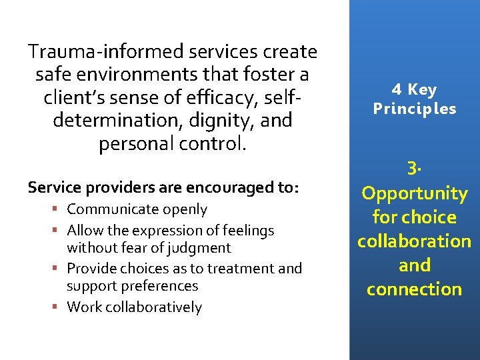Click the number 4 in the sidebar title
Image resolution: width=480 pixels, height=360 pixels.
[x=397, y=90]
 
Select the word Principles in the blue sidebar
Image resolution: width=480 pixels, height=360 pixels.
[x=415, y=109]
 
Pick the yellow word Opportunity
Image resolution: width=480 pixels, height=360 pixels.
[x=414, y=193]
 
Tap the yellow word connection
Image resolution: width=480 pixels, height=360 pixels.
[x=414, y=289]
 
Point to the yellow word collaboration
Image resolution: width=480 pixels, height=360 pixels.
[x=414, y=241]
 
